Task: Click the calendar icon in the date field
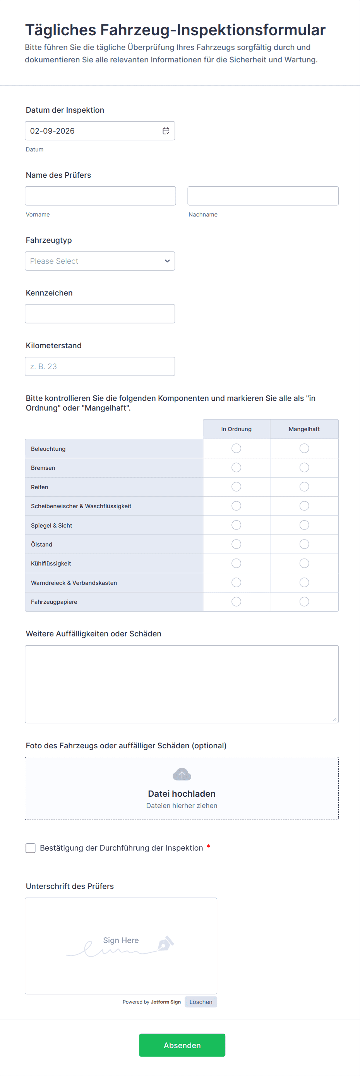tap(166, 131)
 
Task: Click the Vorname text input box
tap(100, 196)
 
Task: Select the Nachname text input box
tap(263, 196)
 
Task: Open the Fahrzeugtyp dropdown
tap(100, 261)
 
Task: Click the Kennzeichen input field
tap(100, 314)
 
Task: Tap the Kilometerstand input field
tap(100, 366)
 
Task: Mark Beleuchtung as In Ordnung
tap(237, 448)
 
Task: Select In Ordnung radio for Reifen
tap(237, 486)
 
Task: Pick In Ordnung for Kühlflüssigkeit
tap(237, 563)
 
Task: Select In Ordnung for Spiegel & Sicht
tap(237, 525)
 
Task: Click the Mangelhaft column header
tap(304, 429)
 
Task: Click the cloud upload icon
tap(182, 774)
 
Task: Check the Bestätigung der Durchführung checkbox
tap(31, 848)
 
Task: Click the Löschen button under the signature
tap(201, 1002)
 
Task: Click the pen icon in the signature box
tap(166, 943)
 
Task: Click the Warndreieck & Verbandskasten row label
tap(74, 583)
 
